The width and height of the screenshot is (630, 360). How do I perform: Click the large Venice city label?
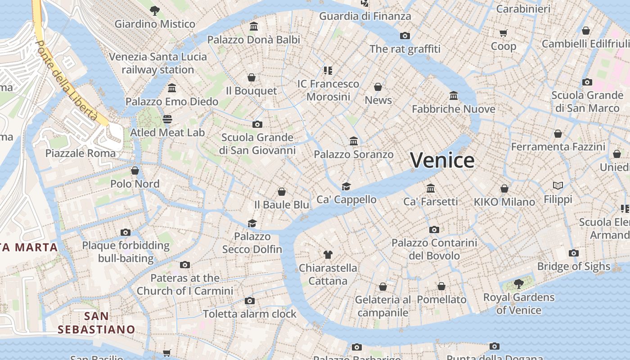point(442,160)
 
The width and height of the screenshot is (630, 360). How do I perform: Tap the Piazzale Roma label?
point(80,153)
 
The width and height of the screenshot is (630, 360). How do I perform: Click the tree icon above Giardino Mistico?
point(154,10)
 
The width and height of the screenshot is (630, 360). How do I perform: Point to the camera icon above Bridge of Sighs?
point(573,253)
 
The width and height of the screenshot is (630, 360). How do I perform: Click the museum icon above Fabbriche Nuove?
point(453,95)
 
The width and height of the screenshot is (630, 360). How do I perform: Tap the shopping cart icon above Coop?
point(503,33)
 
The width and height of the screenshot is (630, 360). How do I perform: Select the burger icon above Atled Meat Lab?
point(167,119)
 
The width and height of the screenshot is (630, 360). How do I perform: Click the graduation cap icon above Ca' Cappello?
point(346,186)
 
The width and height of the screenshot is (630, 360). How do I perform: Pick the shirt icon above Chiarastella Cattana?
point(328,255)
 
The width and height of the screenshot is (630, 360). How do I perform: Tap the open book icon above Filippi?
point(558,185)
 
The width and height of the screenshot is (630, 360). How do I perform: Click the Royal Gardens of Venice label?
point(518,304)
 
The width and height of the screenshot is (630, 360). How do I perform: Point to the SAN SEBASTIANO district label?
point(96,323)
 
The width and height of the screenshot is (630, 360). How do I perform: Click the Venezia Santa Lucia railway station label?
point(158,63)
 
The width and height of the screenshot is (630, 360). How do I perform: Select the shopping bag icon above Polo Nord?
point(135,171)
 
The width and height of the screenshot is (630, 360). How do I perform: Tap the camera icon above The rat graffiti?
point(405,36)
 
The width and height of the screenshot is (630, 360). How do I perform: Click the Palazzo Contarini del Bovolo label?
point(434,249)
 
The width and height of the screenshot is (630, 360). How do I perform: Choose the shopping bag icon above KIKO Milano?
point(504,189)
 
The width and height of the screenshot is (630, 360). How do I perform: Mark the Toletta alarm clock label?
point(249,314)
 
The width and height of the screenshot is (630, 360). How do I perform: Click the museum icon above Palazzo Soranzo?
point(353,141)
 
